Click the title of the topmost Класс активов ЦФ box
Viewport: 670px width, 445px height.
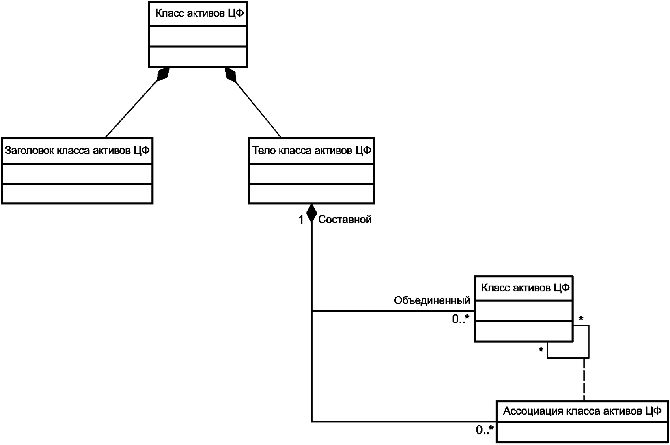199,14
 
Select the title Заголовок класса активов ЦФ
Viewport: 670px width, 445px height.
77,150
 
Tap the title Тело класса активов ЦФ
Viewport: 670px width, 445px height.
312,150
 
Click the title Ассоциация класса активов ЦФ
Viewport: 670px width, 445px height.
582,411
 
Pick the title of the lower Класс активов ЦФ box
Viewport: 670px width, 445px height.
525,288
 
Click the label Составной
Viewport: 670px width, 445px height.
345,220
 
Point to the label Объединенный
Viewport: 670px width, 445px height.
432,300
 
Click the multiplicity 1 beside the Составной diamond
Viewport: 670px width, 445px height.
301,220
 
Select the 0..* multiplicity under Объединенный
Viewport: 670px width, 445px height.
461,319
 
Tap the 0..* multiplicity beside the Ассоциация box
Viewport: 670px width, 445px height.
485,430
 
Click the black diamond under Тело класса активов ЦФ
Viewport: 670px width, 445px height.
311,213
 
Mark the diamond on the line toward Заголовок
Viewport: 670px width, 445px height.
163,74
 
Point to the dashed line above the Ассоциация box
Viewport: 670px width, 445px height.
584,379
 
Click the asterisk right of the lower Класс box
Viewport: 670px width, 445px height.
581,319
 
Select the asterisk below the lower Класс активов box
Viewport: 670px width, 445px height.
541,350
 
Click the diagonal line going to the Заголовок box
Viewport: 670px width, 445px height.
131,109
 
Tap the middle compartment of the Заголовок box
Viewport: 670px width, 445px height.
77,174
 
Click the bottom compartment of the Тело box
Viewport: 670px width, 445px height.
312,194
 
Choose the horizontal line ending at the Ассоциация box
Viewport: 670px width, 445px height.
404,422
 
